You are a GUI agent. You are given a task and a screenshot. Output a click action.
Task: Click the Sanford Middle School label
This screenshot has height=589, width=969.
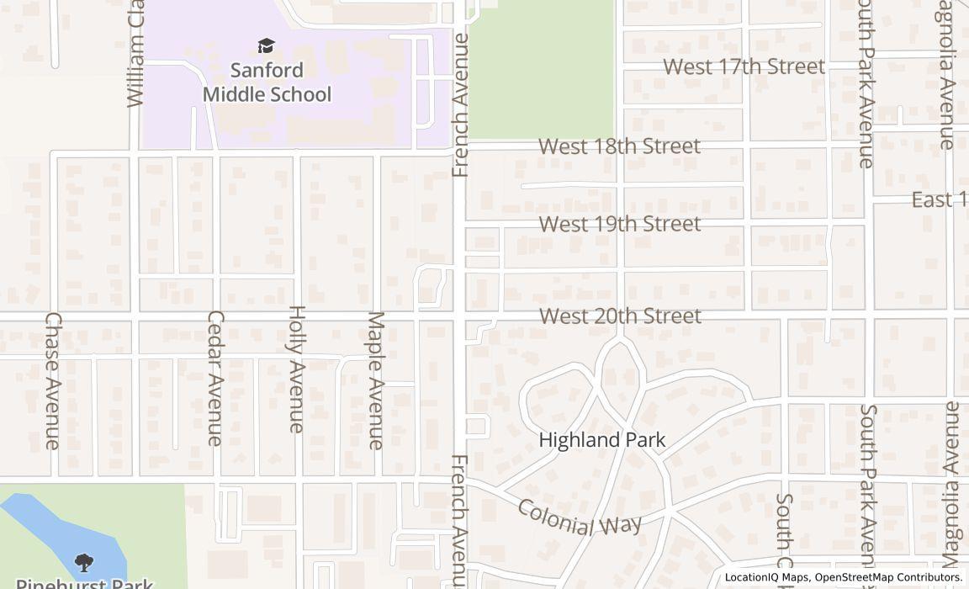pyautogui.click(x=267, y=82)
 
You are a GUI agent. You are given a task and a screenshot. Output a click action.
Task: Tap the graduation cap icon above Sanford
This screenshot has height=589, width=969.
pyautogui.click(x=267, y=45)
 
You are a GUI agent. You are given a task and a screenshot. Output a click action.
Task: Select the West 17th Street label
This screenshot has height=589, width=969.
pyautogui.click(x=744, y=66)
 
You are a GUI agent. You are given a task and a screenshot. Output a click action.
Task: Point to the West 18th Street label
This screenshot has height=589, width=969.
pyautogui.click(x=619, y=146)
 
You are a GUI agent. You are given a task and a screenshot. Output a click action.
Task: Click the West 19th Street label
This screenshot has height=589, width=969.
pyautogui.click(x=619, y=224)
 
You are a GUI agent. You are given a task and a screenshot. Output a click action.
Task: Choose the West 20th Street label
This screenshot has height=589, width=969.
pyautogui.click(x=620, y=316)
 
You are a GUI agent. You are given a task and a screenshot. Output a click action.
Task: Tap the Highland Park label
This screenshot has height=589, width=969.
pyautogui.click(x=601, y=440)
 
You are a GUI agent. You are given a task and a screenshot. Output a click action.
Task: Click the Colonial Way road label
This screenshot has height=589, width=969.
pyautogui.click(x=579, y=517)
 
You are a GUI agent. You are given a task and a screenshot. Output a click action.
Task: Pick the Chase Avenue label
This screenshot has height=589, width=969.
pyautogui.click(x=53, y=380)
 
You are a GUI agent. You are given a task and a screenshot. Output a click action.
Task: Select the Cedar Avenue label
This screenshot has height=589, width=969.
pyautogui.click(x=215, y=378)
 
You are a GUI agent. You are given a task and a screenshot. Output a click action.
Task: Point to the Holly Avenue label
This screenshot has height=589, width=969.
pyautogui.click(x=296, y=369)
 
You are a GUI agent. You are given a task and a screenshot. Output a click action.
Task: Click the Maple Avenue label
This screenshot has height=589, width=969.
pyautogui.click(x=376, y=379)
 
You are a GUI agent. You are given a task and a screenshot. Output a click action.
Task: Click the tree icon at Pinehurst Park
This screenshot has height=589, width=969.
pyautogui.click(x=83, y=562)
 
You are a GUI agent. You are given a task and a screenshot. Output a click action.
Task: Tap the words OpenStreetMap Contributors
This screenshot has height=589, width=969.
pyautogui.click(x=888, y=577)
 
